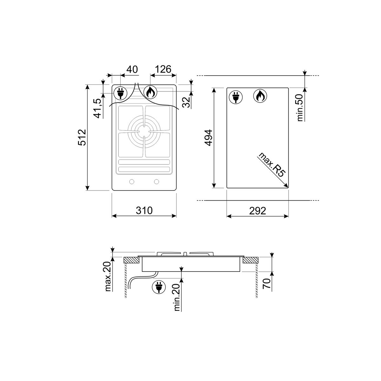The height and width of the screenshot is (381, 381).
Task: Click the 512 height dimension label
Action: tap(82, 137)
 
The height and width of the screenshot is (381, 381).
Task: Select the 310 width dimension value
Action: tap(144, 211)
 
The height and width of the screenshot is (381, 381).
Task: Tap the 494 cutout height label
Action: tap(209, 138)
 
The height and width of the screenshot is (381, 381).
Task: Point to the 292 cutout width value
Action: tap(257, 211)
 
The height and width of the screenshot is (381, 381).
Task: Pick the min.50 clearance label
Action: tap(300, 108)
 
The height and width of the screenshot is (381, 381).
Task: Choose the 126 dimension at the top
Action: tap(163, 69)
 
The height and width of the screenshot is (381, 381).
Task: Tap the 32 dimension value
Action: tap(186, 102)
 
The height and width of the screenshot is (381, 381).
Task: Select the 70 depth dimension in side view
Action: tap(266, 283)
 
